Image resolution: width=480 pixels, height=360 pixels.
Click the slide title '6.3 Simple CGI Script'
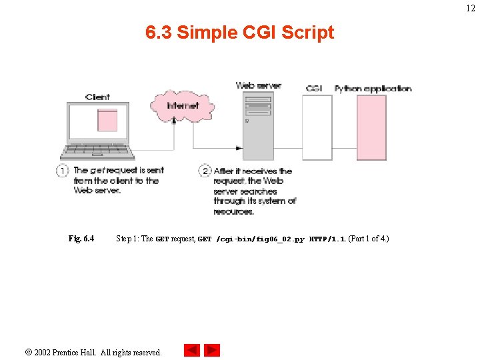pos(240,32)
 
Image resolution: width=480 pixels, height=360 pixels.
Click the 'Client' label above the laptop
pos(97,97)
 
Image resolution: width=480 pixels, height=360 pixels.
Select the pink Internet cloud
pos(182,105)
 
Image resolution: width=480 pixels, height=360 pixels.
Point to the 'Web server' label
pos(258,85)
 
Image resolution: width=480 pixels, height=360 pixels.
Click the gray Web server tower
pos(258,127)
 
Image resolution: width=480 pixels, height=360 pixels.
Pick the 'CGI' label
pos(315,88)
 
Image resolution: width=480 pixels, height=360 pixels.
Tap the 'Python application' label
pos(373,88)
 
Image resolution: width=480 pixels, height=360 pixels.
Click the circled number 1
pos(63,171)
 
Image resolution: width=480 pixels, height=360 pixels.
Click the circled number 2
pos(205,171)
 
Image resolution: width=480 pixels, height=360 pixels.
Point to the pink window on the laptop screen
pos(107,120)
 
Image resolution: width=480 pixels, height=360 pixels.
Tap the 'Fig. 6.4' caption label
pos(81,239)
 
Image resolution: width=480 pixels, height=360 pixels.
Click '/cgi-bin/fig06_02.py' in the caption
pos(261,239)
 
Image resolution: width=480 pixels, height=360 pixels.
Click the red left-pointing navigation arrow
pos(192,350)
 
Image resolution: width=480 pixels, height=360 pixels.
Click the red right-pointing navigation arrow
pos(212,350)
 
